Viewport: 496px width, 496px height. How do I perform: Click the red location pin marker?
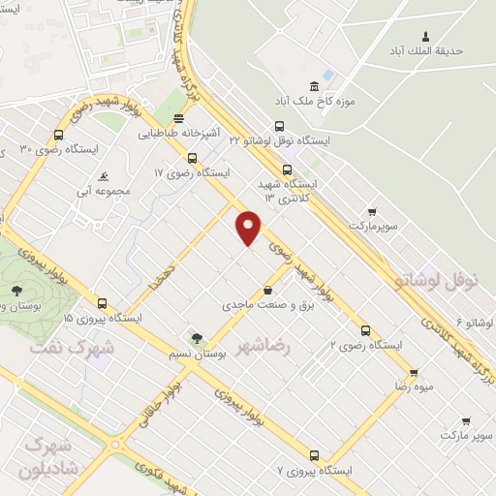pyautogui.click(x=249, y=228)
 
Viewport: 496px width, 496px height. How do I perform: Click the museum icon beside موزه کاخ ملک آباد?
pyautogui.click(x=313, y=85)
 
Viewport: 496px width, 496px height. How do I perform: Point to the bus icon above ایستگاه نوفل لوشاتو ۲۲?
pyautogui.click(x=280, y=125)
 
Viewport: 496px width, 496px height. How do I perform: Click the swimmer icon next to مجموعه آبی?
pyautogui.click(x=103, y=177)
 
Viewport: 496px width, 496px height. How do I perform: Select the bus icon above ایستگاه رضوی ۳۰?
pyautogui.click(x=59, y=136)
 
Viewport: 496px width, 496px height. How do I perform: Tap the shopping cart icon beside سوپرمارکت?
pyautogui.click(x=371, y=210)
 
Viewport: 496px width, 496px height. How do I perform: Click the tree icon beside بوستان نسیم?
pyautogui.click(x=197, y=338)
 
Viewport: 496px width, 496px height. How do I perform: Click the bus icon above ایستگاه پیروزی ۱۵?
pyautogui.click(x=103, y=302)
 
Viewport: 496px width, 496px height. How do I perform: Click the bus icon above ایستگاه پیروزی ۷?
pyautogui.click(x=314, y=454)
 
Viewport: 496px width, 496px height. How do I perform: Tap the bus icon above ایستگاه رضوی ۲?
pyautogui.click(x=365, y=328)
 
